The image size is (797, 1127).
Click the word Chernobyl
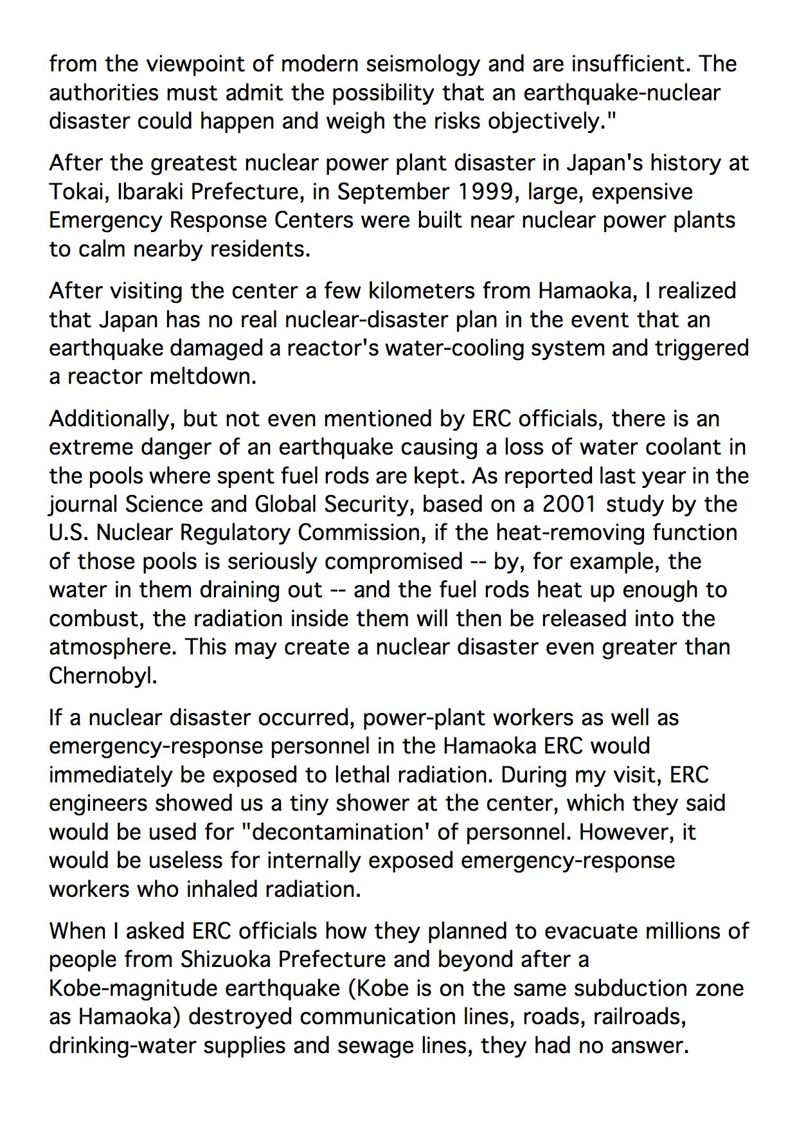pos(103,676)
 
